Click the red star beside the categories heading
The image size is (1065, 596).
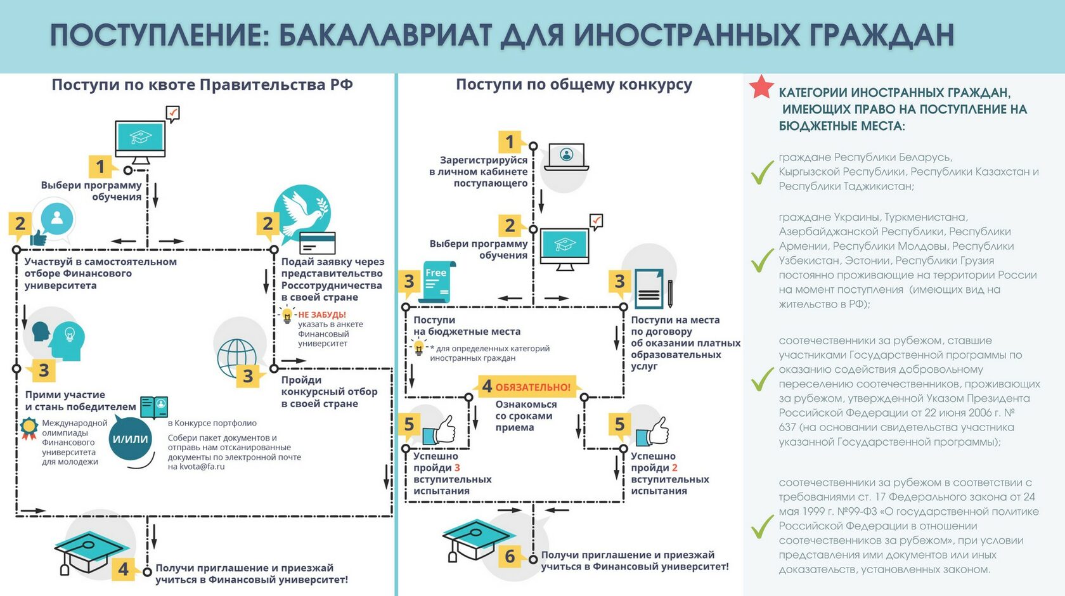761,87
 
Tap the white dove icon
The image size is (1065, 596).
299,212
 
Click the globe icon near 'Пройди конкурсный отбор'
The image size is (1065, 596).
236,357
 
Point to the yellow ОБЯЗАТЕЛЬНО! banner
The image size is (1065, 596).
527,387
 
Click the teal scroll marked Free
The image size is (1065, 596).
437,282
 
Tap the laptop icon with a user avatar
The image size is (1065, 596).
566,157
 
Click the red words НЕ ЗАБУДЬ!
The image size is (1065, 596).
322,314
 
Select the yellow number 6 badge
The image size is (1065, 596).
510,555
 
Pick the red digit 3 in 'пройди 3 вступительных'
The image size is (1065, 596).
457,467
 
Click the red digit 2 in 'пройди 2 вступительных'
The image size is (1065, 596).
674,467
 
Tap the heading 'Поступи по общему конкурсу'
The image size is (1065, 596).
574,85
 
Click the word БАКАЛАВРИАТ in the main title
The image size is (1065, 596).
385,36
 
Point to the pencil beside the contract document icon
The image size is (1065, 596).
670,294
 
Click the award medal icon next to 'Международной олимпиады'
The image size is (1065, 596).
29,428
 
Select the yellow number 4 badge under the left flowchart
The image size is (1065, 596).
124,569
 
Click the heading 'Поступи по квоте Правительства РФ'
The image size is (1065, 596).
202,85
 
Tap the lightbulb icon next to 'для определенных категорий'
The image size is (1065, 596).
419,347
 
